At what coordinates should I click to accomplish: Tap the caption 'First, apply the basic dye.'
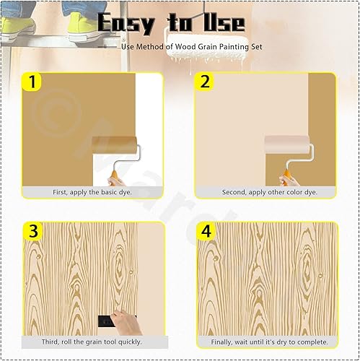pyautogui.click(x=92, y=193)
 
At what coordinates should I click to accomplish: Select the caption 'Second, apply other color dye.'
pyautogui.click(x=266, y=193)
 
